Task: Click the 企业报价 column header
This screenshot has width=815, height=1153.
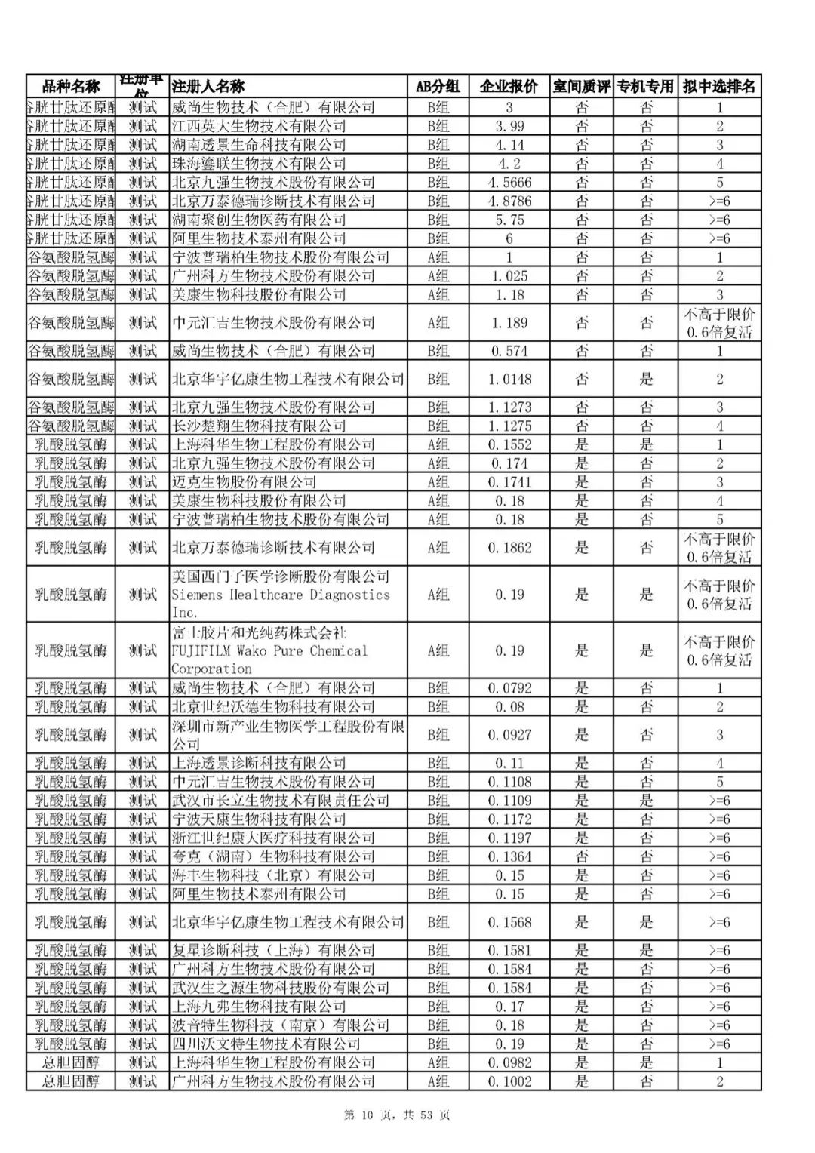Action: click(509, 86)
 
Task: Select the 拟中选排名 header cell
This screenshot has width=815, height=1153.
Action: click(719, 86)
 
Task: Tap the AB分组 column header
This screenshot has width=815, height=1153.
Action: click(438, 86)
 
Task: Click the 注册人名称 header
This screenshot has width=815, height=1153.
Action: click(208, 86)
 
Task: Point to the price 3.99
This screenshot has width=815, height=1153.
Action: click(509, 126)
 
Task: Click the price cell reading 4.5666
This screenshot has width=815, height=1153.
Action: click(509, 183)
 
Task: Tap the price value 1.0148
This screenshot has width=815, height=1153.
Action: click(509, 379)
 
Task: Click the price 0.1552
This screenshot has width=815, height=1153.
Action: click(509, 444)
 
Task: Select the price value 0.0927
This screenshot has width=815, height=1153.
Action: click(509, 735)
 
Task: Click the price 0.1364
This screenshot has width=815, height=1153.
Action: click(509, 856)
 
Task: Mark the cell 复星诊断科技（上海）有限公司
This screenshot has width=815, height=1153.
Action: click(272, 950)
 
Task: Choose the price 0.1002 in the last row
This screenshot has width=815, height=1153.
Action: click(509, 1081)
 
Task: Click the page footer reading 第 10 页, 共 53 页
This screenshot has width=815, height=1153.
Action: click(397, 1115)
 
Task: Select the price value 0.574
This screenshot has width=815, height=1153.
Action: click(509, 351)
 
